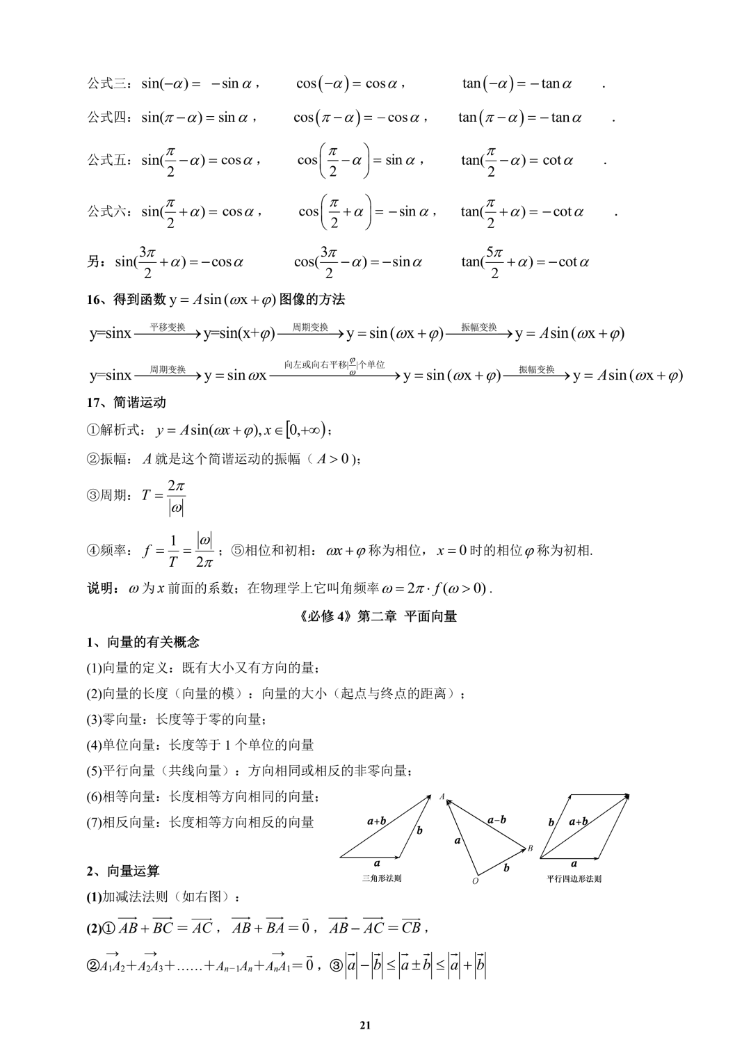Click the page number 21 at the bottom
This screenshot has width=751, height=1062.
pos(366,1025)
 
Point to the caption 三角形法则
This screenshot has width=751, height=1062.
pos(382,878)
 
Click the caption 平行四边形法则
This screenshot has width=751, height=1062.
pos(574,878)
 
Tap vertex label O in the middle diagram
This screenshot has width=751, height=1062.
pos(475,881)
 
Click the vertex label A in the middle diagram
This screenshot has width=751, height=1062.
pos(442,796)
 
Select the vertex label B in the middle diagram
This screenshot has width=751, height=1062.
pos(530,848)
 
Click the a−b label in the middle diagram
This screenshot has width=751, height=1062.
pos(496,820)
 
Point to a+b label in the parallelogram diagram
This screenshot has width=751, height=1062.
pos(578,821)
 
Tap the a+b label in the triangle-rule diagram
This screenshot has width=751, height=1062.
pos(376,821)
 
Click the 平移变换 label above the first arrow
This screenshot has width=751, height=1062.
pos(168,326)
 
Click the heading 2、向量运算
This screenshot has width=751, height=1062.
pos(122,871)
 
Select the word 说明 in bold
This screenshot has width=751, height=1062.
pos(102,588)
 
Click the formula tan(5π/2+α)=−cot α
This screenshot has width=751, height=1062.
pos(525,262)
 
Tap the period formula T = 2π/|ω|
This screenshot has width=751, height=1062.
pos(164,496)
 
